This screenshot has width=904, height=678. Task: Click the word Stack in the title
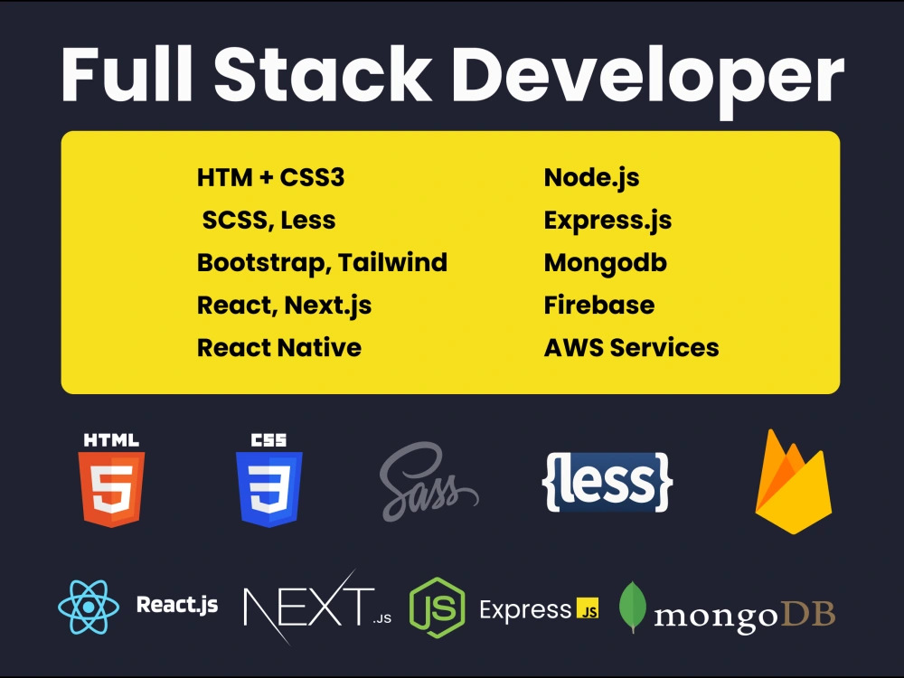323,74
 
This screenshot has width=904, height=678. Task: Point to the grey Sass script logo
428,482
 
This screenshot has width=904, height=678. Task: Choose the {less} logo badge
607,482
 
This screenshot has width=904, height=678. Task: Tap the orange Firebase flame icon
794,482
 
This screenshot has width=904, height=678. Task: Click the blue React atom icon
89,607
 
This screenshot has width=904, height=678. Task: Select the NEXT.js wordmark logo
317,607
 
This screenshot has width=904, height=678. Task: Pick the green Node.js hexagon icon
437,607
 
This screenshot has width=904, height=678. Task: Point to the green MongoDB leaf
633,607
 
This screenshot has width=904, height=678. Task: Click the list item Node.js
591,178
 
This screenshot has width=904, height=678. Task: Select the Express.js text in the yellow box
607,221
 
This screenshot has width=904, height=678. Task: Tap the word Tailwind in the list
392,262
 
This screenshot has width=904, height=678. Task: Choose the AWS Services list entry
631,348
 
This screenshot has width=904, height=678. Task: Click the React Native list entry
279,348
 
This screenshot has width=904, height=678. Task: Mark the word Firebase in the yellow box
599,305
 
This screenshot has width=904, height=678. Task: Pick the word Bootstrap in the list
264,263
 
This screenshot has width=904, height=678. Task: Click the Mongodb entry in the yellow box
606,263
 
